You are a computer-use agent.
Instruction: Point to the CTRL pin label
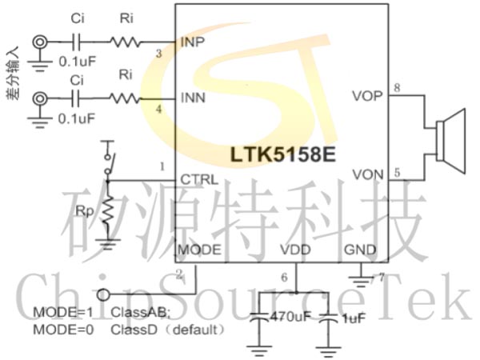pyautogui.click(x=200, y=179)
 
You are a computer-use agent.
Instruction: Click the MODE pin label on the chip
pyautogui.click(x=199, y=250)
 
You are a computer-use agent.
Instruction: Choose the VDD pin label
pyautogui.click(x=295, y=250)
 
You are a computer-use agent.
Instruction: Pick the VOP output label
pyautogui.click(x=367, y=97)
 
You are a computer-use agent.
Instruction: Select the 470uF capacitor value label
pyautogui.click(x=289, y=318)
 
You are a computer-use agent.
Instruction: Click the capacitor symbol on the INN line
pyautogui.click(x=77, y=98)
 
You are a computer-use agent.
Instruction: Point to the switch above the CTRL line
pyautogui.click(x=107, y=161)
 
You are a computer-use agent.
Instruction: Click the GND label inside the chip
pyautogui.click(x=360, y=250)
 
